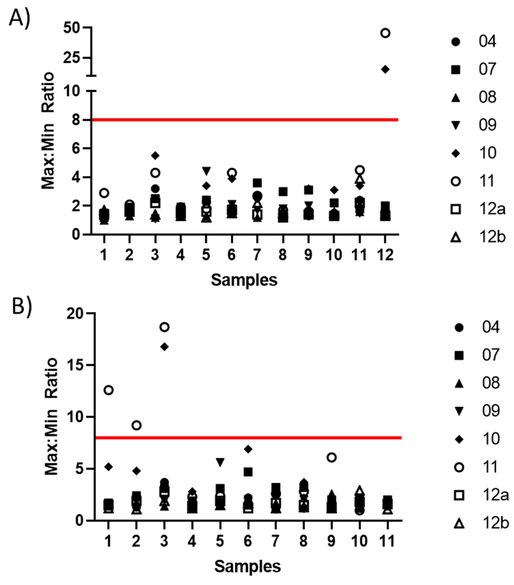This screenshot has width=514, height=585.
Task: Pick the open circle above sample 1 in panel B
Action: point(109,390)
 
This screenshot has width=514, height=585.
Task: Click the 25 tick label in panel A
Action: point(71,58)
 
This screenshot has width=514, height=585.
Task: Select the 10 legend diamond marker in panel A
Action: point(455,153)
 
